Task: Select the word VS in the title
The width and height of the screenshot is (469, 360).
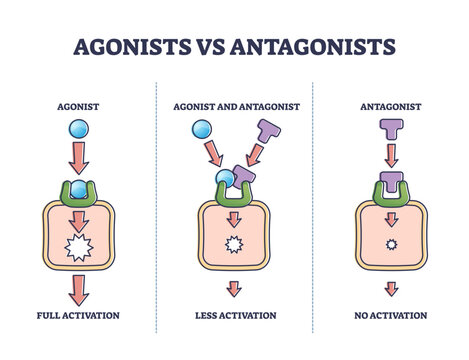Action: pos(202,47)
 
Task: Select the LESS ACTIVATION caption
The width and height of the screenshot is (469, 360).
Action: pos(235,314)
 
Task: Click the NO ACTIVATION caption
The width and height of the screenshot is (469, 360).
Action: pos(390,314)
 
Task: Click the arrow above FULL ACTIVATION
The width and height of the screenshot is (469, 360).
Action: pos(78,291)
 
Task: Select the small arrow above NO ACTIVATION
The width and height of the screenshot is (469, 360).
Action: pos(390,291)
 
